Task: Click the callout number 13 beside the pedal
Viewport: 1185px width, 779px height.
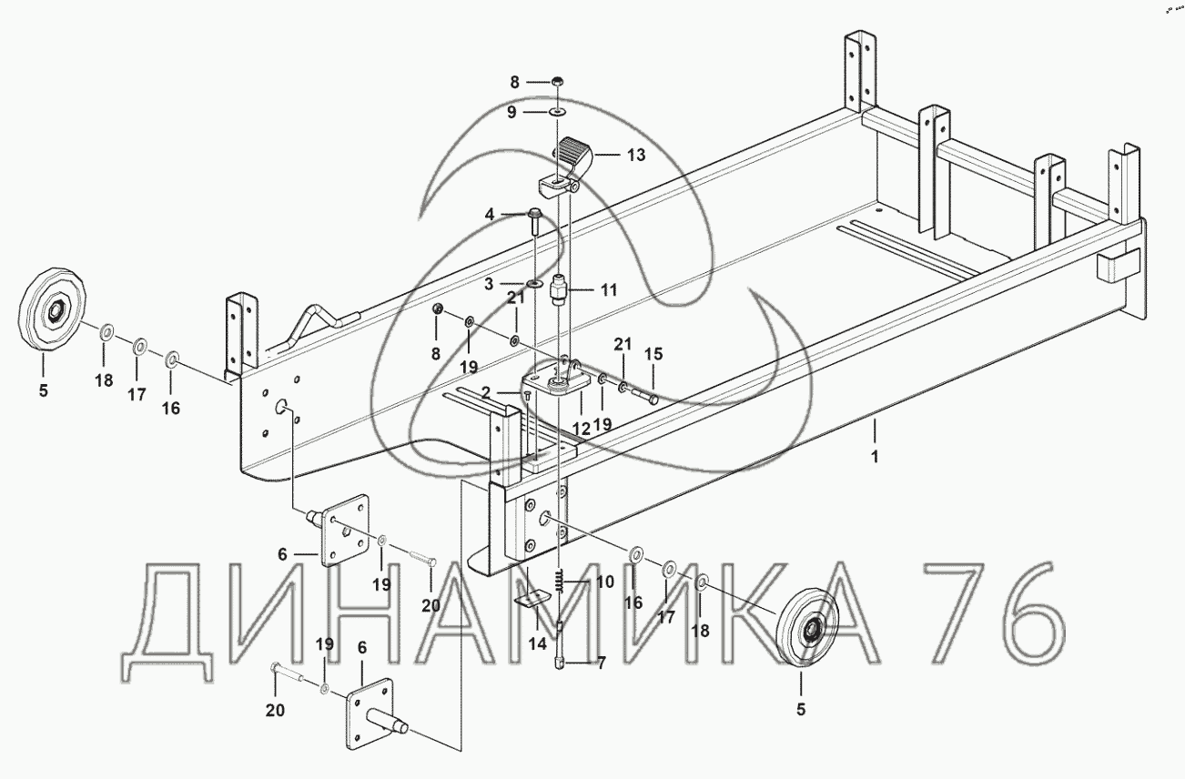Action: [636, 155]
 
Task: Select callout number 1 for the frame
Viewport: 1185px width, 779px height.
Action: [875, 457]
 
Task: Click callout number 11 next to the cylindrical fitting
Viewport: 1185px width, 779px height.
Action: [609, 289]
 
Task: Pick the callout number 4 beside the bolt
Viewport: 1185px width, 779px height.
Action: [490, 215]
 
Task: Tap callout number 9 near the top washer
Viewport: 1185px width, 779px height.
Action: [511, 113]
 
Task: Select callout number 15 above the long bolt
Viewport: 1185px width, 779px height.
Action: [653, 354]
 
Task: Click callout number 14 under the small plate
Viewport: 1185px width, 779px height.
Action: [538, 644]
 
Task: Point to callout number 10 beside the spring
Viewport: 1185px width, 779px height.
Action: [605, 582]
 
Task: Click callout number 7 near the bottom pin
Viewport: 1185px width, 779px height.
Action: [601, 663]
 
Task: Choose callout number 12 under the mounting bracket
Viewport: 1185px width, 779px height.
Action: [581, 429]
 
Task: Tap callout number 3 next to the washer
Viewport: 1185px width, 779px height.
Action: [489, 284]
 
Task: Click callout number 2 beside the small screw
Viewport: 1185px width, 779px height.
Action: [486, 392]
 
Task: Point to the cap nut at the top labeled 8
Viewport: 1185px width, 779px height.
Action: [558, 81]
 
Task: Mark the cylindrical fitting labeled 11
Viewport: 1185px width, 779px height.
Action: [559, 288]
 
